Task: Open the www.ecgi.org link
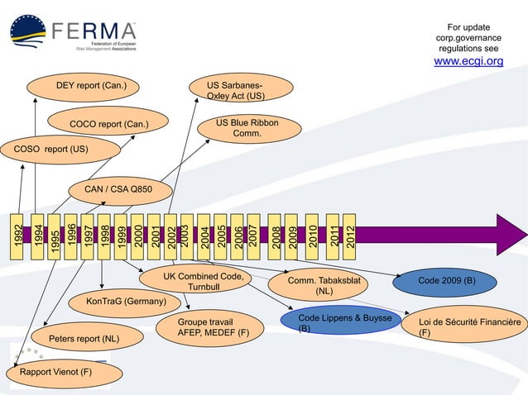(468, 62)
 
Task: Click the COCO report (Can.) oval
(108, 124)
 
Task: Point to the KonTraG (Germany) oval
(127, 302)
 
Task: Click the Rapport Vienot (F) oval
(55, 373)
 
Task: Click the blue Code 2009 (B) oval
(446, 281)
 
